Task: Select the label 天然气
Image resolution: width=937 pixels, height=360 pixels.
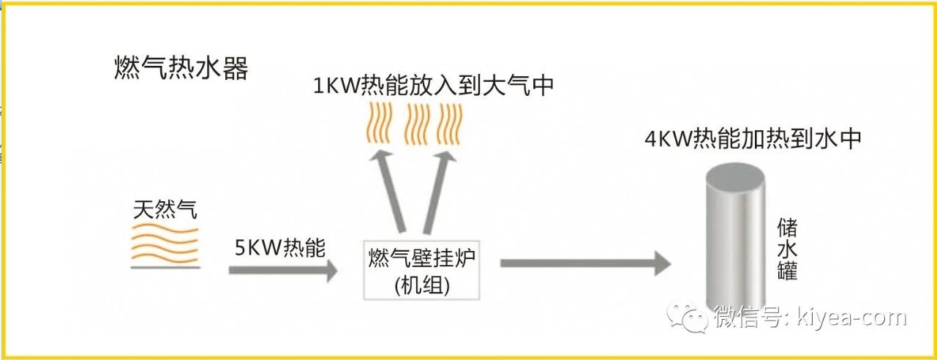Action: pyautogui.click(x=165, y=210)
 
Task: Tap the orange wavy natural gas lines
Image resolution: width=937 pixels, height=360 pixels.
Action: pyautogui.click(x=165, y=244)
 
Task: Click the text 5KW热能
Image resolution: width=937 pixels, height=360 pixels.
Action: pyautogui.click(x=280, y=246)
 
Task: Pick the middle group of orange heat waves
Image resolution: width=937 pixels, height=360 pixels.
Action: pyautogui.click(x=416, y=123)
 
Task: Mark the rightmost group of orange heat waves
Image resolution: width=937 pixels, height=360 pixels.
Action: pyautogui.click(x=451, y=123)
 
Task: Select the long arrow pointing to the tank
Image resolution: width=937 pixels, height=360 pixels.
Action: pyautogui.click(x=585, y=263)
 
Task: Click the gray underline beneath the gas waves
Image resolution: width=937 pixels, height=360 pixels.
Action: pyautogui.click(x=165, y=267)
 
